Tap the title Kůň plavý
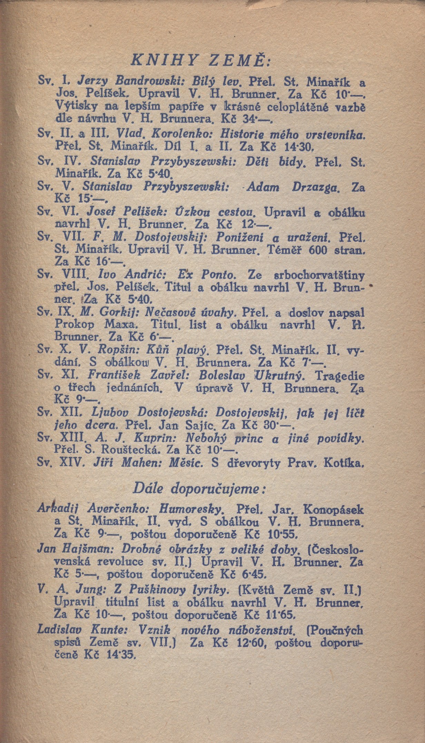[179, 351]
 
